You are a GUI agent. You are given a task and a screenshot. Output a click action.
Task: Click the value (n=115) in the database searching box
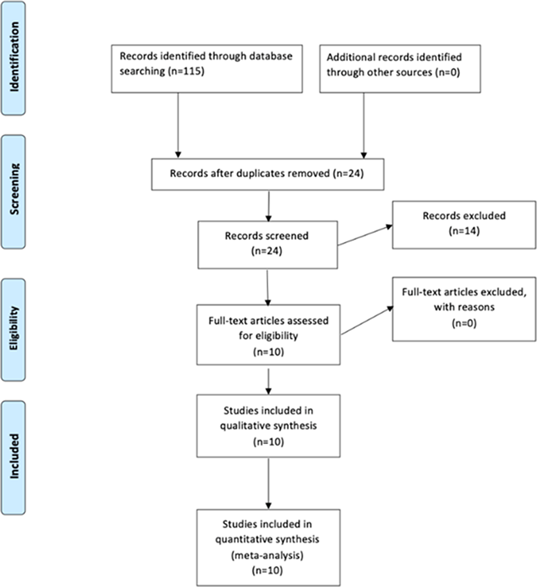click(x=186, y=71)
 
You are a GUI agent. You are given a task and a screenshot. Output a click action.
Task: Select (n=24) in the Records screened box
click(x=267, y=251)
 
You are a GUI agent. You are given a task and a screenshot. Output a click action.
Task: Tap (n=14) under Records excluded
click(x=464, y=231)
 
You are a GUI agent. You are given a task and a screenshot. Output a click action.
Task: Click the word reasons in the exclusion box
click(x=476, y=307)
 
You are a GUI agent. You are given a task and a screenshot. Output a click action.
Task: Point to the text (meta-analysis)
click(x=267, y=555)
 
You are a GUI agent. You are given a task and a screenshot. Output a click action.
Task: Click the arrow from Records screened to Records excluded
click(x=364, y=236)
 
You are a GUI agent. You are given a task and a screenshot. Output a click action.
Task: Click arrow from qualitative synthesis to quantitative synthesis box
click(x=268, y=483)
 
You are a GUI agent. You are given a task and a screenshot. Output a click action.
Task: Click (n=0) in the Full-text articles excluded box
click(x=464, y=323)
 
